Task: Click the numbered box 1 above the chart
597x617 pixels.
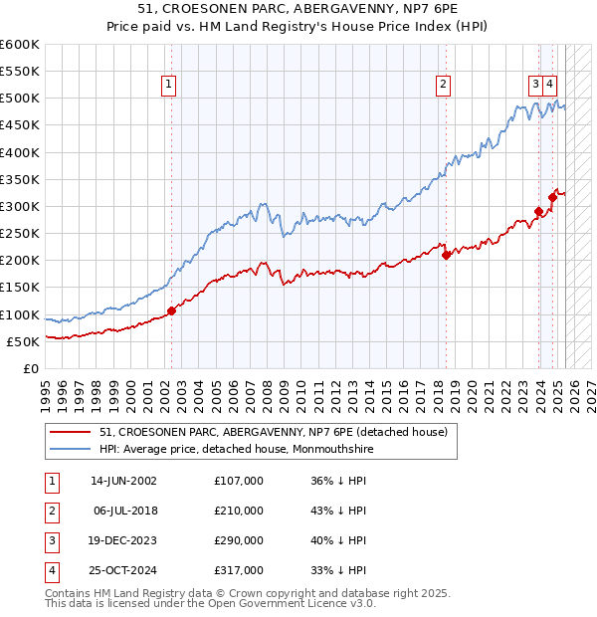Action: coord(169,85)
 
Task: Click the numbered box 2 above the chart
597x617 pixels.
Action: coord(442,85)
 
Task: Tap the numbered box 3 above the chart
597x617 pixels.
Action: coord(535,85)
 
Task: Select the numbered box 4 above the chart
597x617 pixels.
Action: coord(550,85)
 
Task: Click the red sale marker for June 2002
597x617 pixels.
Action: coord(171,310)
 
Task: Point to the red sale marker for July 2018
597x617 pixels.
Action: coord(446,255)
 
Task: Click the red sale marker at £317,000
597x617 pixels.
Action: coord(552,197)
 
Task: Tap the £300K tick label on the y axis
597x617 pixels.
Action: coord(20,206)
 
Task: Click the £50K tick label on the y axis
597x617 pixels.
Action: coord(24,341)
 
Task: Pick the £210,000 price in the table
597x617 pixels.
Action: coord(239,511)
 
